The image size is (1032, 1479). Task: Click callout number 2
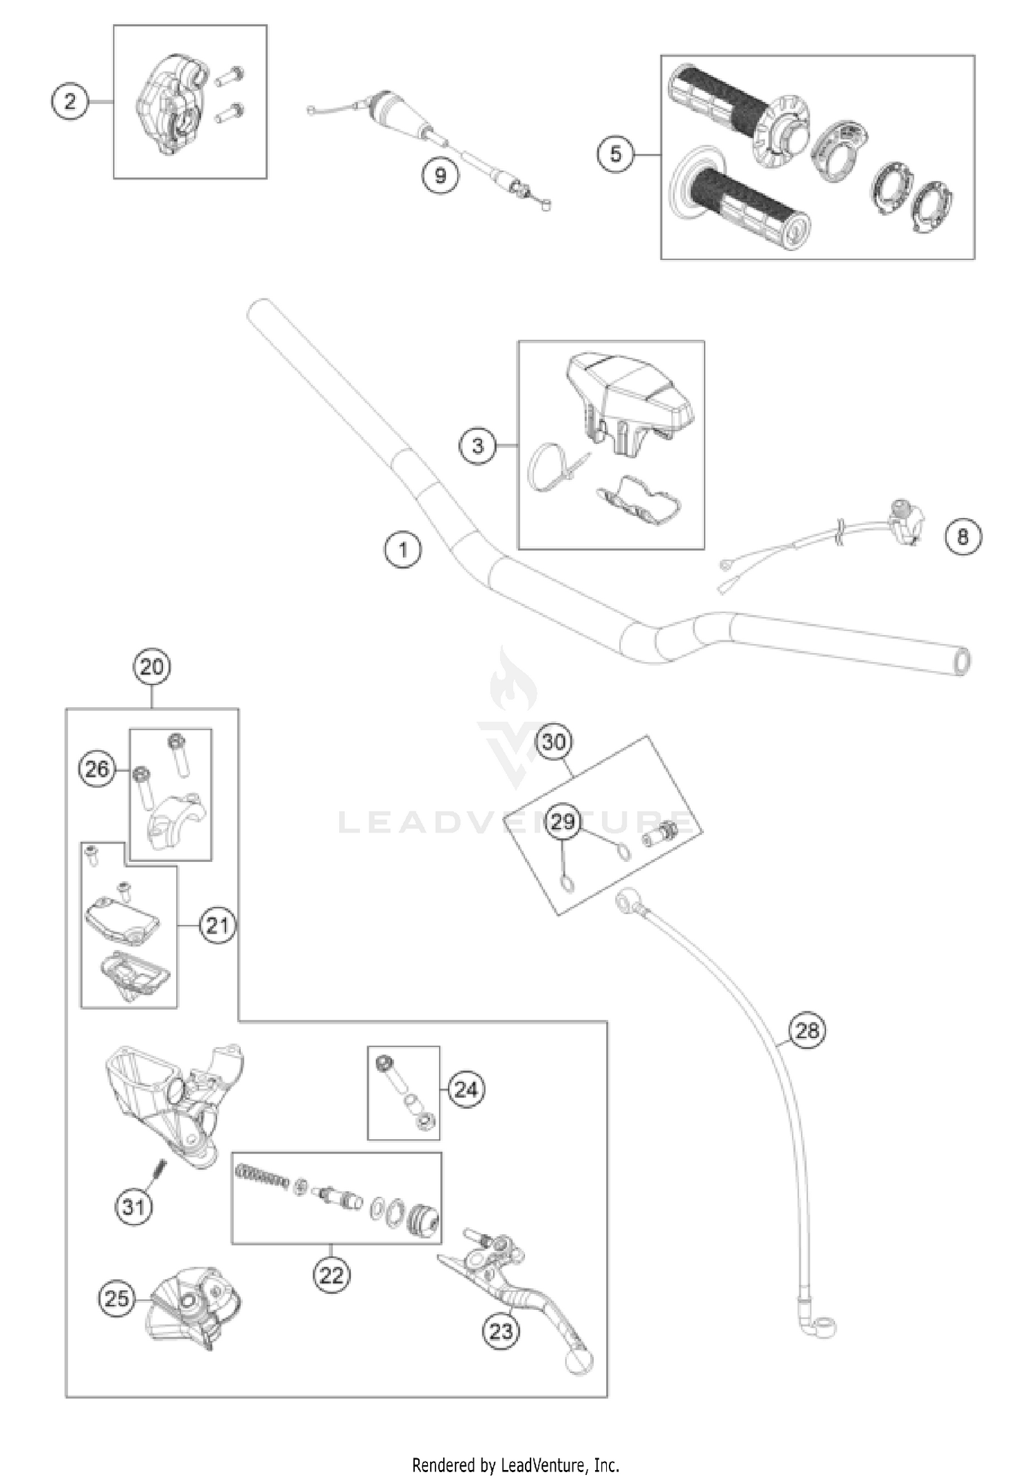[70, 102]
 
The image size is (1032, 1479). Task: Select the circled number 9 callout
[440, 175]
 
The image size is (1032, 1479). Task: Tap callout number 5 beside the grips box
[615, 153]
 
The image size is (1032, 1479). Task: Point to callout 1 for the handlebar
[403, 550]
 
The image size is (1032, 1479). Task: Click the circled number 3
[477, 446]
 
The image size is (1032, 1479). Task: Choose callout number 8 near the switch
[963, 536]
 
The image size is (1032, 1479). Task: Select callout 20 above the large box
[152, 667]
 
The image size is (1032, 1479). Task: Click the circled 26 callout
[97, 768]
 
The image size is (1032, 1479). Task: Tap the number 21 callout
[217, 925]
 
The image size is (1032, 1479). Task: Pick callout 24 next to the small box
[466, 1089]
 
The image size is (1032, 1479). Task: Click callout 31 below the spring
[133, 1206]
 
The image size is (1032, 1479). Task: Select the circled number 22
[331, 1275]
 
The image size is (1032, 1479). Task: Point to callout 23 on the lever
[501, 1330]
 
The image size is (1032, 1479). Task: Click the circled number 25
[116, 1298]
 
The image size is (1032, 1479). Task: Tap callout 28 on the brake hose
[807, 1030]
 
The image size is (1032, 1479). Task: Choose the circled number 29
[563, 821]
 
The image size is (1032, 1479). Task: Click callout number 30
[554, 742]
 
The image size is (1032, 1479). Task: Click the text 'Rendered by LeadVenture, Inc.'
[515, 1465]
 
